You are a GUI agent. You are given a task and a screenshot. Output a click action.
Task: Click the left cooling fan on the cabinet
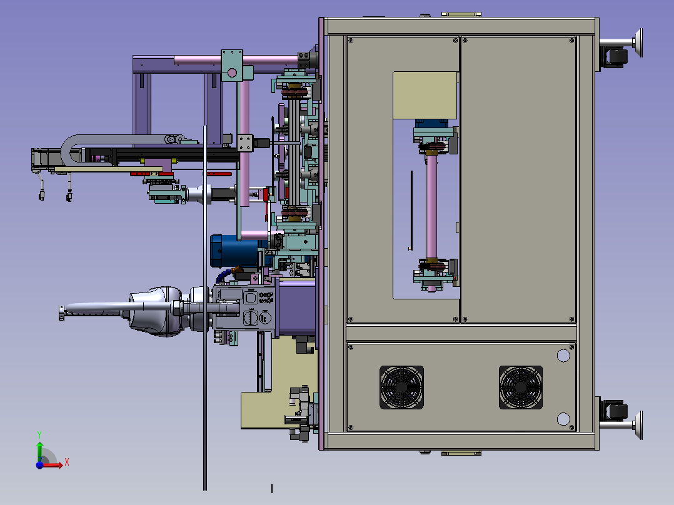tap(401, 387)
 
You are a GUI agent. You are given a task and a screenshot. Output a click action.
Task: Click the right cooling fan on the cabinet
tap(521, 387)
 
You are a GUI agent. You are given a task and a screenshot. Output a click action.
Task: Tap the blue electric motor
tap(235, 251)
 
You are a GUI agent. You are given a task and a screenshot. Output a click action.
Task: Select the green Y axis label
tap(39, 434)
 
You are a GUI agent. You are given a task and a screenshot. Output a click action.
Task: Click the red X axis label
tap(67, 462)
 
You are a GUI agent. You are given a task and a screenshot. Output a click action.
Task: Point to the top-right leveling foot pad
tap(639, 42)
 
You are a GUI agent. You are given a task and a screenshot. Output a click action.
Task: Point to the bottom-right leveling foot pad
tap(639, 425)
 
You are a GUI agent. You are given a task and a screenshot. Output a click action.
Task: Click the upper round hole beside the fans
tap(563, 356)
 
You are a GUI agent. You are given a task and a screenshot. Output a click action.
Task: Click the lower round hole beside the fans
tap(563, 419)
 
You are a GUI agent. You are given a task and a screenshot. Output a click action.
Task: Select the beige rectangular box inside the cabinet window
tap(425, 96)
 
